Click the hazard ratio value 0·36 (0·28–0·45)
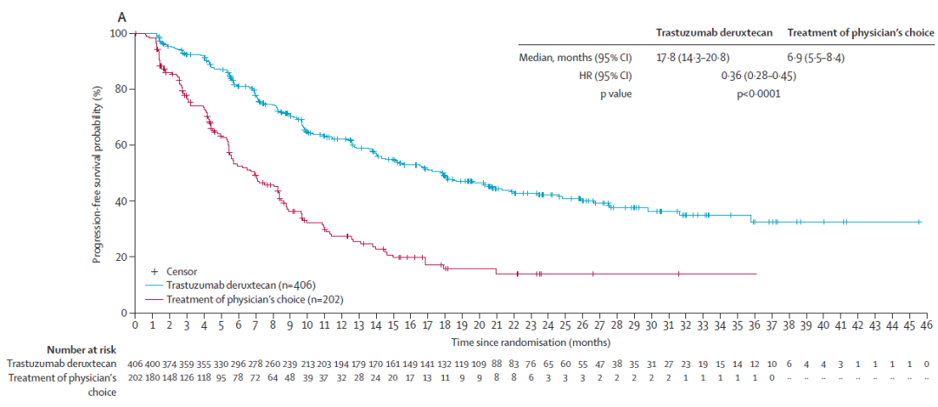pos(758,76)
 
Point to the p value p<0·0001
pos(758,94)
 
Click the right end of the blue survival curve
pos(921,222)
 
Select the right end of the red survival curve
pos(756,273)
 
